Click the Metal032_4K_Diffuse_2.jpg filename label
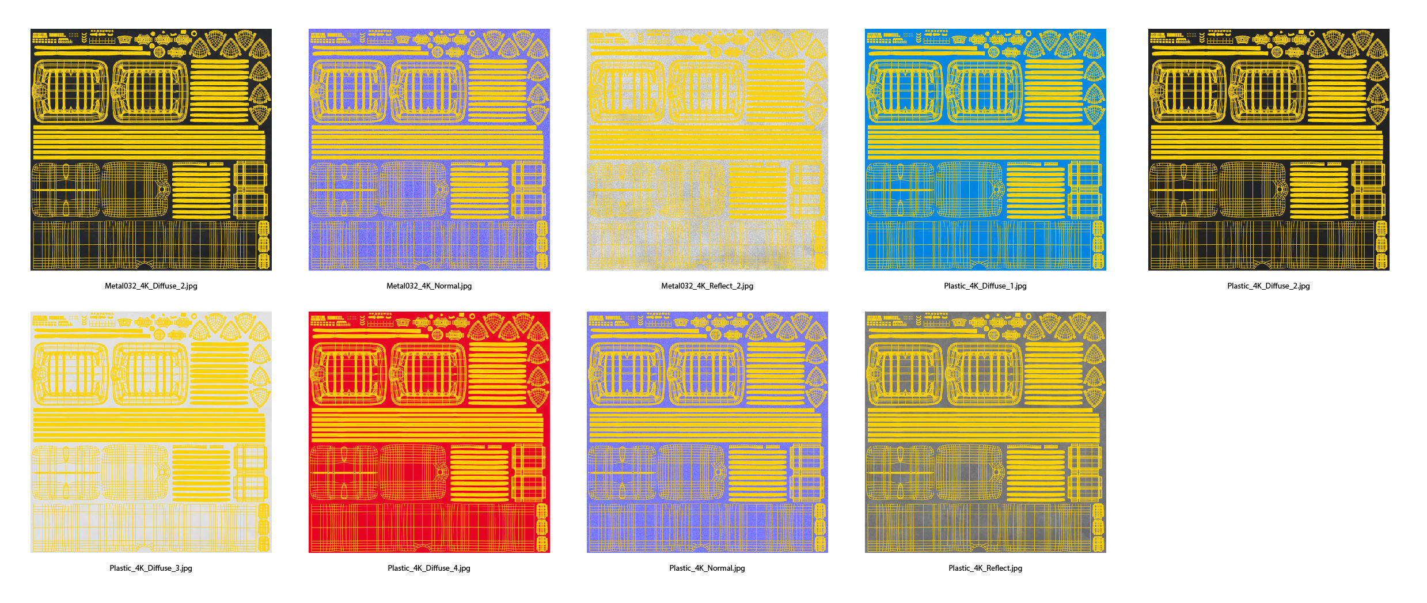151,286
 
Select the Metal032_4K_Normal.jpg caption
429,286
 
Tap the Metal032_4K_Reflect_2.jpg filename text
707,286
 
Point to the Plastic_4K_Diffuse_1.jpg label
985,286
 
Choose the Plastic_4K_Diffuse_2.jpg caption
1269,286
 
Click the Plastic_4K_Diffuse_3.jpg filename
151,568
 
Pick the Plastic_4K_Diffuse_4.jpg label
429,568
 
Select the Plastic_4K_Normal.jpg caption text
707,568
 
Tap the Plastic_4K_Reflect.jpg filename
985,568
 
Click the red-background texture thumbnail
429,432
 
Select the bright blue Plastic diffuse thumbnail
985,149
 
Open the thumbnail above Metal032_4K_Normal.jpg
429,149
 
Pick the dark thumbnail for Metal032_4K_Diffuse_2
151,149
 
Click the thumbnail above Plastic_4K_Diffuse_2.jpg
1269,149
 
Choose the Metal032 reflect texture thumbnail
707,149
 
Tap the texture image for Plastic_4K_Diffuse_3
151,432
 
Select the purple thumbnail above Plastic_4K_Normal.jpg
707,432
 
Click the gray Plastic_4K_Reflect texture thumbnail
985,432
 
